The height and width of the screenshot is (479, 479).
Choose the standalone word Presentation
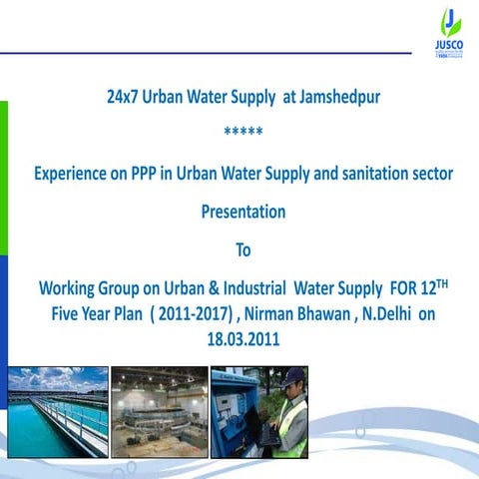tap(242, 212)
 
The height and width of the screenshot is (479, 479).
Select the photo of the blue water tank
tap(57, 411)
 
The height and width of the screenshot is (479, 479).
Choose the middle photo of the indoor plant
tap(159, 411)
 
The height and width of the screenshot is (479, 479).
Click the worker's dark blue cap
tap(288, 376)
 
